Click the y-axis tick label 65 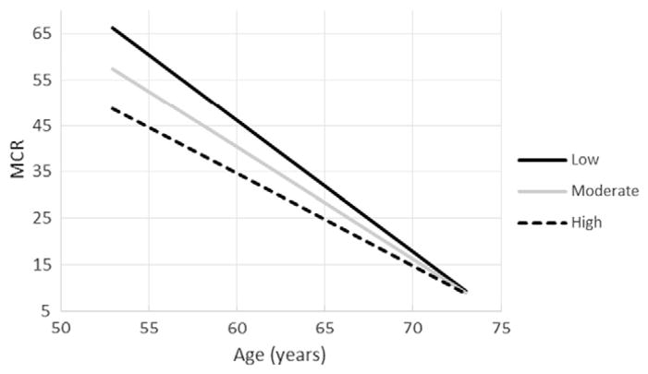coord(41,33)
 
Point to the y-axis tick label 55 coord(41,79)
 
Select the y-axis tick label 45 coord(41,126)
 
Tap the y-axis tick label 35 coord(41,172)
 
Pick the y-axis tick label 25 coord(41,218)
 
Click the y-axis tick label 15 coord(41,265)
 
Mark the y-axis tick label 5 coord(44,311)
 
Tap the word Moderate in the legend coord(605,191)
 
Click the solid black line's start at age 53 coord(112,28)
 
